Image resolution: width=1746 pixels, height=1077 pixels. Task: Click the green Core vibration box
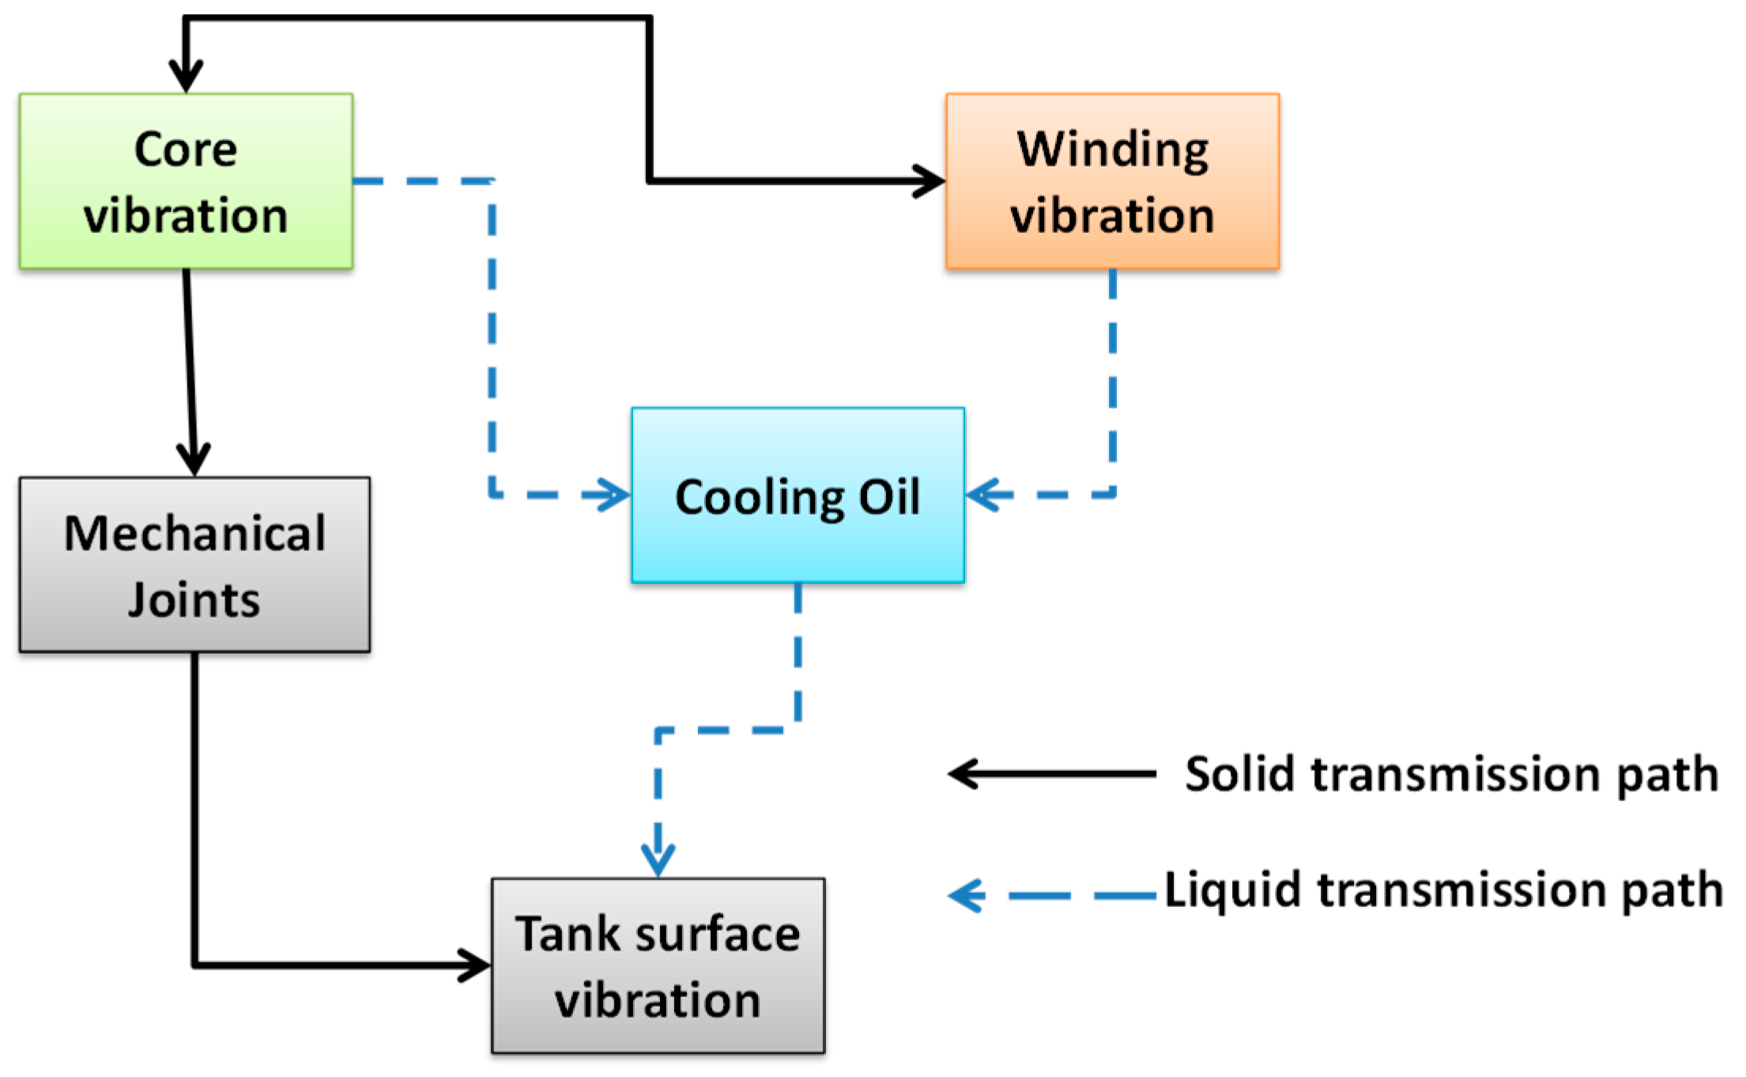(x=186, y=181)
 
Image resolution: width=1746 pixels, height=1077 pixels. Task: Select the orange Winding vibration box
(x=1112, y=181)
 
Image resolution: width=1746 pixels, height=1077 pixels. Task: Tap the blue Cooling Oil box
(x=798, y=496)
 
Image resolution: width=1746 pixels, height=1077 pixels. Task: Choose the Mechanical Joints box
(x=194, y=565)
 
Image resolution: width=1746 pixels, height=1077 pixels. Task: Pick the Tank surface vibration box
(x=658, y=966)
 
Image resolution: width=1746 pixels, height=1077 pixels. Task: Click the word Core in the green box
(x=186, y=149)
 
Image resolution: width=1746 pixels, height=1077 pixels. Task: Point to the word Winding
(x=1112, y=149)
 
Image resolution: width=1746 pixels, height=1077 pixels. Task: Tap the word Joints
(x=194, y=599)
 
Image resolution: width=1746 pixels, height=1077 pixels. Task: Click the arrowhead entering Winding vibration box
(x=930, y=181)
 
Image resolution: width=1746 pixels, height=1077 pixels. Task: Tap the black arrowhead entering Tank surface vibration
(x=475, y=966)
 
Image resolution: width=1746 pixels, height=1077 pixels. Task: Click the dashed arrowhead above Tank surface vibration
(x=658, y=859)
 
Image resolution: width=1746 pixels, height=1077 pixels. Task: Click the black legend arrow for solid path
(x=1051, y=773)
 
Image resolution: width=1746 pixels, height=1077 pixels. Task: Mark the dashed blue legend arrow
(x=1051, y=896)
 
